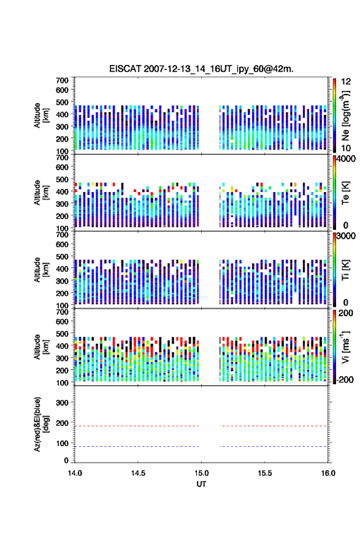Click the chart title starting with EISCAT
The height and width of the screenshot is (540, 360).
pyautogui.click(x=201, y=69)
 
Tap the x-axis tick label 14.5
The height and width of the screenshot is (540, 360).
pyautogui.click(x=138, y=473)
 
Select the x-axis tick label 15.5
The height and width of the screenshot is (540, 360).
pyautogui.click(x=265, y=473)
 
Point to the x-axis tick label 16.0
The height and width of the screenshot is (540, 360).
pyautogui.click(x=328, y=473)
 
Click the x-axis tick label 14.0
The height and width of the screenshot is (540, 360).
pyautogui.click(x=75, y=473)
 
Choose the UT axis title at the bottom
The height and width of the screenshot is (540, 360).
pyautogui.click(x=201, y=484)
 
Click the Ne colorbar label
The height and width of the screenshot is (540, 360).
pyautogui.click(x=345, y=116)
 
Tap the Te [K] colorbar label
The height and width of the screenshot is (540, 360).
pyautogui.click(x=345, y=193)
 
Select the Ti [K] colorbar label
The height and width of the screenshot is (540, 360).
pyautogui.click(x=345, y=270)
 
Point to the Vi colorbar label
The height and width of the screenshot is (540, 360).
pyautogui.click(x=345, y=347)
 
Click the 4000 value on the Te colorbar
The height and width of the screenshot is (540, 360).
pyautogui.click(x=346, y=159)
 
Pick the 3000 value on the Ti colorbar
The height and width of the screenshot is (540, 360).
pyautogui.click(x=346, y=236)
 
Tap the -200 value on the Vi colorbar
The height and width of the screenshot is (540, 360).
pyautogui.click(x=345, y=380)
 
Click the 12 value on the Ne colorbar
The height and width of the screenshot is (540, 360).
pyautogui.click(x=346, y=82)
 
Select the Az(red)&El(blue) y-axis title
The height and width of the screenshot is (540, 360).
pyautogui.click(x=42, y=424)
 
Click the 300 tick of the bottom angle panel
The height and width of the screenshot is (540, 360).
pyautogui.click(x=63, y=403)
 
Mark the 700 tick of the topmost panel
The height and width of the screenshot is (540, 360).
pyautogui.click(x=63, y=80)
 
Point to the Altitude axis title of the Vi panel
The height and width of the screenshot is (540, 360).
pyautogui.click(x=42, y=347)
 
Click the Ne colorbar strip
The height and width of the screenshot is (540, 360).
pyautogui.click(x=334, y=115)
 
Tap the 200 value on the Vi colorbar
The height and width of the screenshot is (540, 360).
pyautogui.click(x=346, y=313)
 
